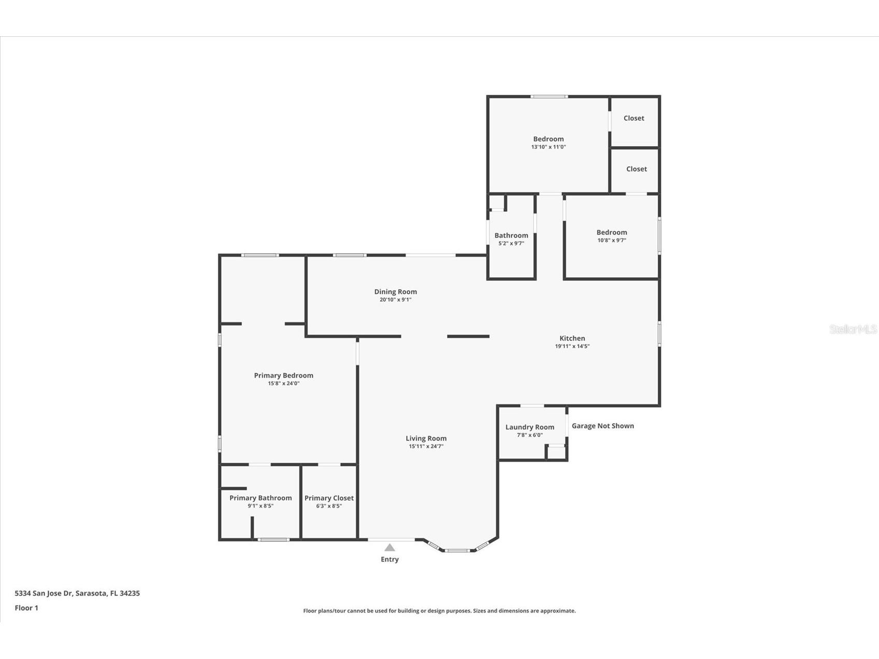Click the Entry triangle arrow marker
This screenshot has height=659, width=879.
(x=390, y=548)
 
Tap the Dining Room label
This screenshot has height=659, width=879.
(x=395, y=292)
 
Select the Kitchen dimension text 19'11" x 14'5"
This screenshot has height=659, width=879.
(x=572, y=346)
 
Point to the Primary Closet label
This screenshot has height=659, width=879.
(x=329, y=498)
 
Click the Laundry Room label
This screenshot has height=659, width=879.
(x=529, y=427)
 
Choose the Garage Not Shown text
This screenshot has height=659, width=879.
(x=602, y=426)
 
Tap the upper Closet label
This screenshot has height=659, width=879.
(x=633, y=118)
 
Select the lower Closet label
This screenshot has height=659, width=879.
(x=636, y=169)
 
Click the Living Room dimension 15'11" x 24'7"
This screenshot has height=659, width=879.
(x=426, y=446)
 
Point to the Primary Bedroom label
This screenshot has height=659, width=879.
(x=283, y=376)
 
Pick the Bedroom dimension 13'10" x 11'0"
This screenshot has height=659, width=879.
(x=548, y=147)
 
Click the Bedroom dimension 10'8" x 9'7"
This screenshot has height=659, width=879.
(x=611, y=240)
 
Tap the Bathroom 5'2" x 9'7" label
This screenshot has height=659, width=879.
(x=511, y=235)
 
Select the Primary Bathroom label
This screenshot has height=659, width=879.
(x=261, y=498)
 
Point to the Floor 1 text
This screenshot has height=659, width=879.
(x=26, y=608)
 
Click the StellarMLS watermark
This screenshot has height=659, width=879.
(x=853, y=329)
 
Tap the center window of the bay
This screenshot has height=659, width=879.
(x=458, y=550)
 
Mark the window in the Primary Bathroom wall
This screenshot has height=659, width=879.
(x=273, y=540)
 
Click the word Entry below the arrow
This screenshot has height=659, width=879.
(x=390, y=560)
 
